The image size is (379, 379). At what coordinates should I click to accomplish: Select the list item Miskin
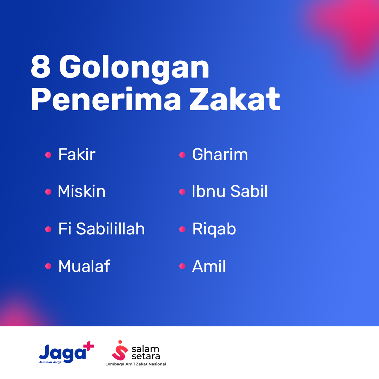point(82,191)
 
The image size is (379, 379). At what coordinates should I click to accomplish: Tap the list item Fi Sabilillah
point(101,228)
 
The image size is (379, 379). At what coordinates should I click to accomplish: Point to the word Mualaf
point(84,266)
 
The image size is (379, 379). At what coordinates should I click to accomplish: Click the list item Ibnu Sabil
point(230,191)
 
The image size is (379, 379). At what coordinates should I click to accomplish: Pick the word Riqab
point(214,229)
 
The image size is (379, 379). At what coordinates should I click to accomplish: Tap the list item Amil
point(209,266)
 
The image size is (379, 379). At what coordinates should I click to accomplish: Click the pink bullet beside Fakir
point(48,155)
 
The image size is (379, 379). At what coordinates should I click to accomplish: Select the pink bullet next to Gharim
point(182,155)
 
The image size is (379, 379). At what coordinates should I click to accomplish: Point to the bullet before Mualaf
point(48,266)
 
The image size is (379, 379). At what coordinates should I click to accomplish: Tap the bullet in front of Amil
point(182,266)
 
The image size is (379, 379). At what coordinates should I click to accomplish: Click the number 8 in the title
point(41,66)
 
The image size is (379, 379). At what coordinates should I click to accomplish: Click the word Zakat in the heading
point(235,99)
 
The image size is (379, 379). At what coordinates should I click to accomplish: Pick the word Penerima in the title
point(106,99)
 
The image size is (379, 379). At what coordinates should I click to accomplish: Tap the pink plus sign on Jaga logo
point(88,346)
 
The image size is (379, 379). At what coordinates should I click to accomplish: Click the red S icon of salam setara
point(120,351)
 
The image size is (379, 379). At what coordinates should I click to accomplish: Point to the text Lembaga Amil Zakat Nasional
point(135,364)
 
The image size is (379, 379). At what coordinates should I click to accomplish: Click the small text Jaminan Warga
point(50,362)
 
